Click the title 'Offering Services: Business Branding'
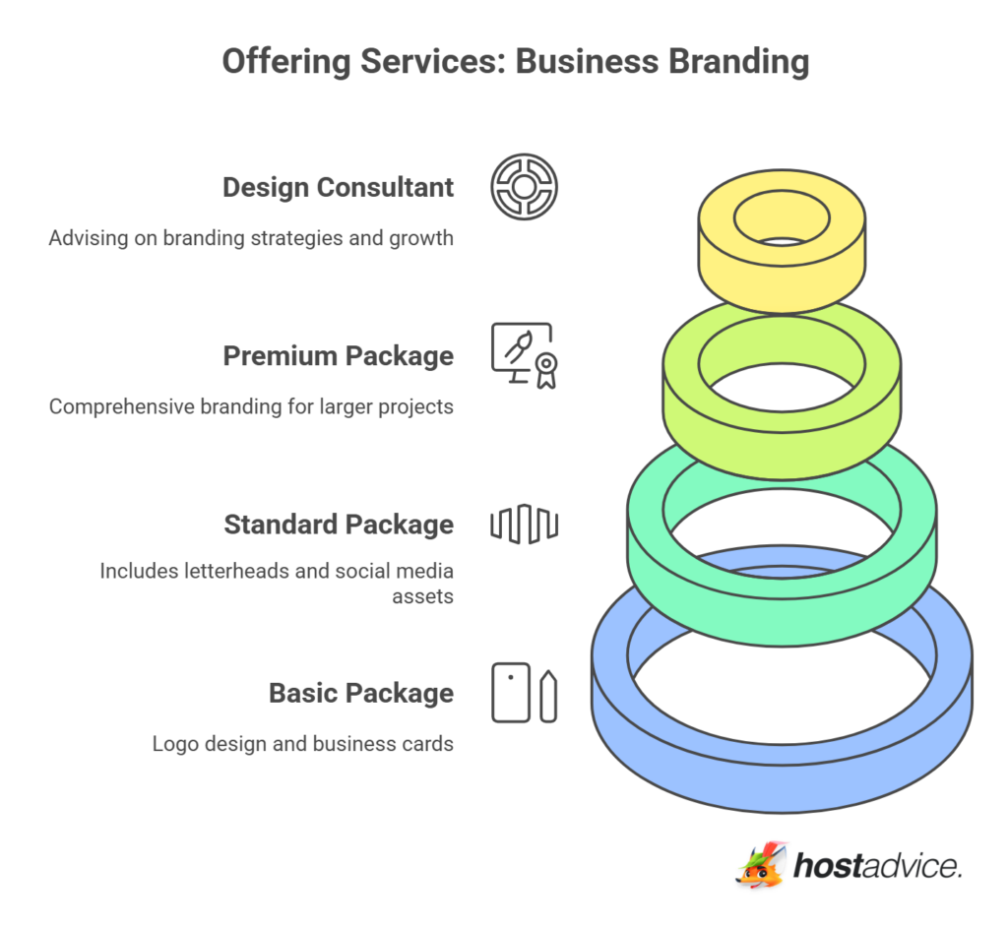[515, 61]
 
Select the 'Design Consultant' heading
[338, 187]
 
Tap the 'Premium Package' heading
[338, 355]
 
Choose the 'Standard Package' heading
[338, 525]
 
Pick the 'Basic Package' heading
[360, 693]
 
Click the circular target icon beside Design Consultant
[524, 186]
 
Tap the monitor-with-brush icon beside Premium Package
[524, 355]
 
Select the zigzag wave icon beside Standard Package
[524, 524]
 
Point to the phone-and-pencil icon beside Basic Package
[524, 693]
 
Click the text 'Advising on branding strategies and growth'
[251, 237]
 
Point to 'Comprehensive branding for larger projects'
[251, 405]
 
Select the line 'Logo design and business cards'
[302, 743]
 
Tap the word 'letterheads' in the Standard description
[232, 570]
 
